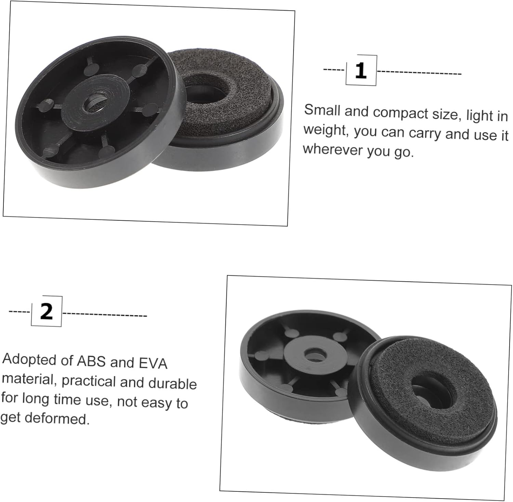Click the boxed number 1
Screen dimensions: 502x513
361,71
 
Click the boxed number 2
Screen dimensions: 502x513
47,311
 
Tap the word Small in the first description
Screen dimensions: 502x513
322,110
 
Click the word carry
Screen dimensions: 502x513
425,133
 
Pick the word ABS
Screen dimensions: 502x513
91,361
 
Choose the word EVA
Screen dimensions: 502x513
153,363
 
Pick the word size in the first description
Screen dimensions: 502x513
443,114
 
